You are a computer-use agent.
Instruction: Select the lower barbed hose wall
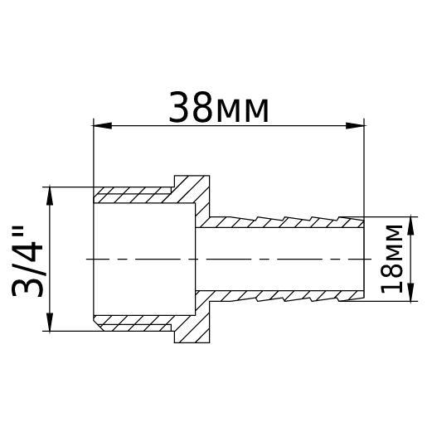click(x=282, y=295)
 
